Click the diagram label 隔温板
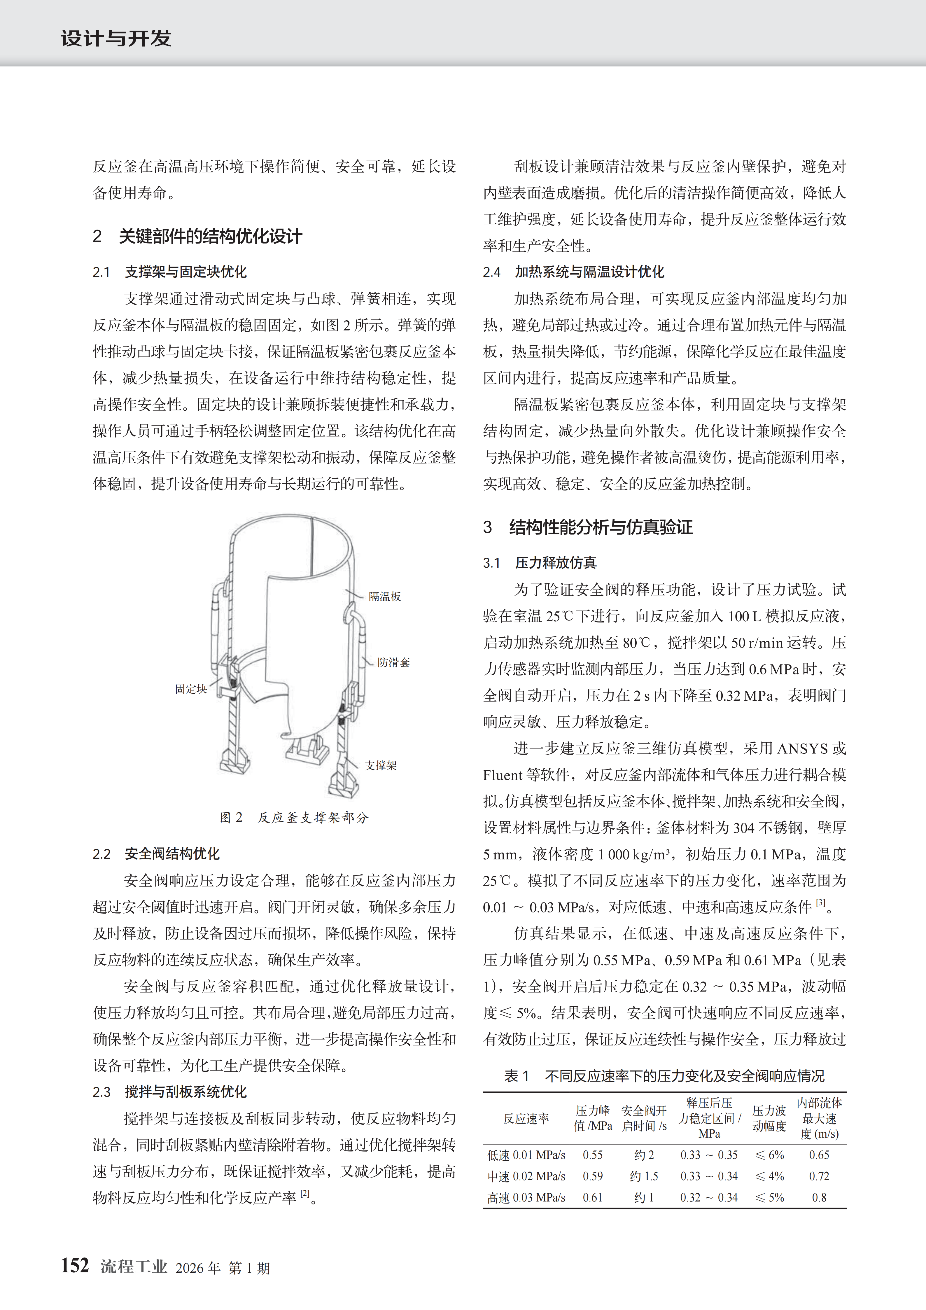click(x=385, y=596)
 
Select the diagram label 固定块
click(x=190, y=689)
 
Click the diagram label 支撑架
click(x=381, y=765)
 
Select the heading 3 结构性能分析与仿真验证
click(x=588, y=527)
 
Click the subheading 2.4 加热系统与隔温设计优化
click(x=573, y=272)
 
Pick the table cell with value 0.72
click(x=819, y=1176)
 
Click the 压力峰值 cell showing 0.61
click(x=592, y=1198)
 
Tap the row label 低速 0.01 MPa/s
click(x=526, y=1155)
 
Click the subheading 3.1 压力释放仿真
click(x=540, y=563)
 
